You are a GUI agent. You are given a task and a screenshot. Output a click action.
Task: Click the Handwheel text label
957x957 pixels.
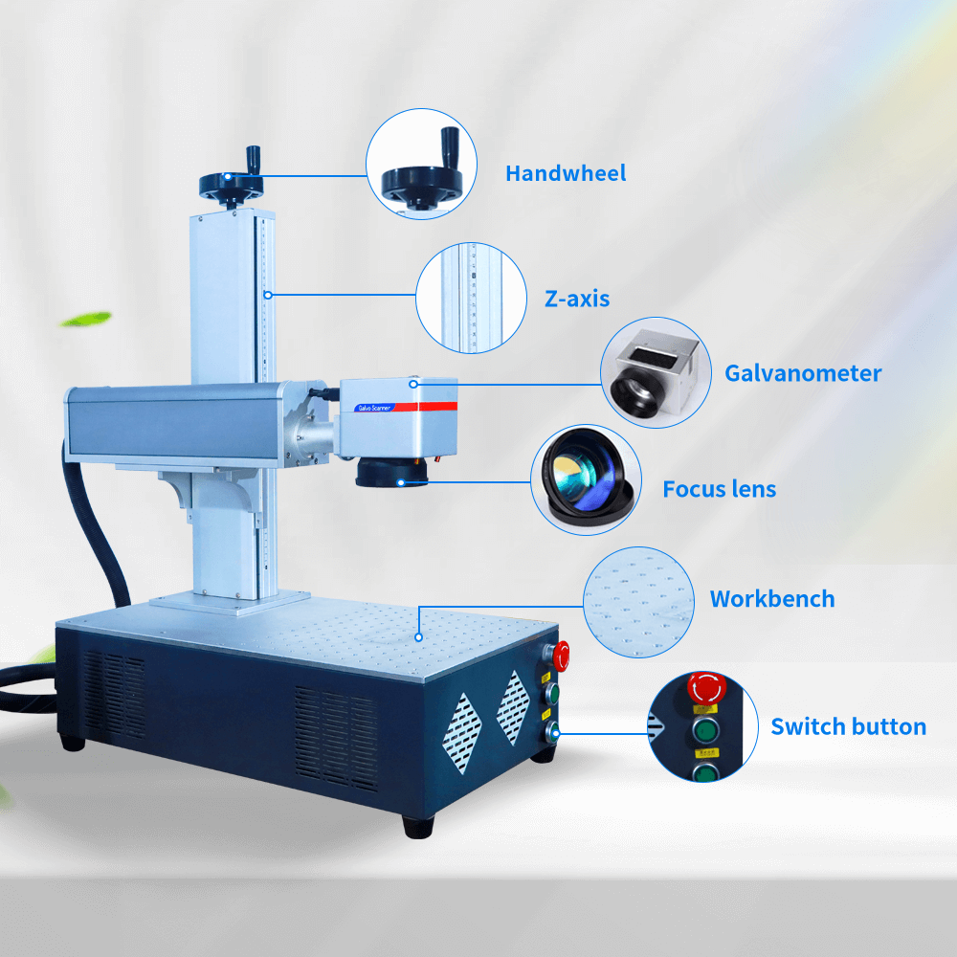click(566, 173)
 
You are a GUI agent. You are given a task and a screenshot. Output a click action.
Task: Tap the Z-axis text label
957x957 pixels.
click(577, 299)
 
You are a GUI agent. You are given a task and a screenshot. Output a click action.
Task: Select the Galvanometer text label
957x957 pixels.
click(803, 373)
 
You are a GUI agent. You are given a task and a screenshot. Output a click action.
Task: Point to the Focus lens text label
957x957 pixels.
click(720, 489)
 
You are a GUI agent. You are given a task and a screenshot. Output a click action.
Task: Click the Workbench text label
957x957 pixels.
click(772, 599)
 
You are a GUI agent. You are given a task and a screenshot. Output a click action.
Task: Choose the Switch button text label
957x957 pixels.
click(848, 727)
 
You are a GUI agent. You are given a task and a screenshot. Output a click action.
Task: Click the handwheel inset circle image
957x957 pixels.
click(421, 165)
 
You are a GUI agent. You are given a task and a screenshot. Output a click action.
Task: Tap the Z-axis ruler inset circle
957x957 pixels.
click(471, 298)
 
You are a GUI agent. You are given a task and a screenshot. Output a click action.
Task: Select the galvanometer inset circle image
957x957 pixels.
click(657, 372)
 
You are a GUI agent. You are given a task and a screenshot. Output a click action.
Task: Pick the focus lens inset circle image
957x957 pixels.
click(586, 479)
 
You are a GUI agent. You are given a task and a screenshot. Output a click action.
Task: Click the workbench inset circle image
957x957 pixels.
click(639, 602)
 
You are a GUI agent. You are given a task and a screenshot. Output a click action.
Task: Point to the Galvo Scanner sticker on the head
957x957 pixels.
click(374, 408)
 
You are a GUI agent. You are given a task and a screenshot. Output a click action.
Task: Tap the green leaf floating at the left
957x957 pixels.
click(86, 320)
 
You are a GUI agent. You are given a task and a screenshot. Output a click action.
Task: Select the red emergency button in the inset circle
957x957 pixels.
click(707, 687)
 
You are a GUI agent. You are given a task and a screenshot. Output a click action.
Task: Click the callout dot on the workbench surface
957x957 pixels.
click(419, 637)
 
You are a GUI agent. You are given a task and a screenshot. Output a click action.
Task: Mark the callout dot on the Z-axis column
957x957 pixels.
click(268, 295)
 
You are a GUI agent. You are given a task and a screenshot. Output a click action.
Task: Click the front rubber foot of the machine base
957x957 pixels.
click(419, 826)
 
